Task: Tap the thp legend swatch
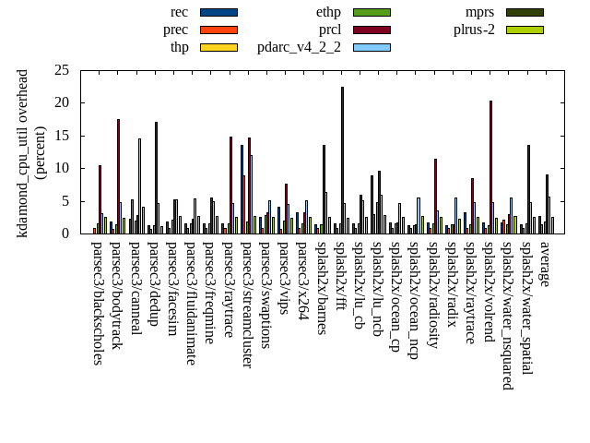point(218,47)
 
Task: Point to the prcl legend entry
point(330,30)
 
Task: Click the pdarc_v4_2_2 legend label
point(299,47)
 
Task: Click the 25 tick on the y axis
point(62,70)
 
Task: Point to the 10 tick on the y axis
point(62,168)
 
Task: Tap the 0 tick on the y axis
point(65,233)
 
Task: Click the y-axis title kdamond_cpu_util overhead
point(24,153)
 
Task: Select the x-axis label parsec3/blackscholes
point(97,303)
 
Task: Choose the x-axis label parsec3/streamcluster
point(246,305)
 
